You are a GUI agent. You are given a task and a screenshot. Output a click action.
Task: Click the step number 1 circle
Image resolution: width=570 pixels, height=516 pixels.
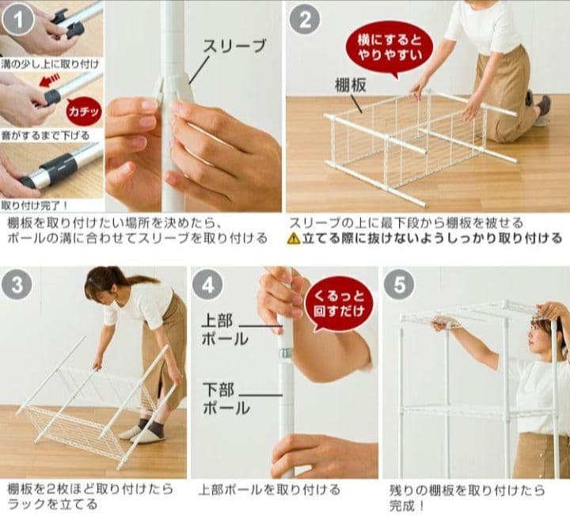17,19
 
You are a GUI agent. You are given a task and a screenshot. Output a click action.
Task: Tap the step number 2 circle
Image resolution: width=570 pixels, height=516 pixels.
305,19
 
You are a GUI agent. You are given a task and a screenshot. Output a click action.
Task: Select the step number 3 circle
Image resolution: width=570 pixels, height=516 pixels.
17,285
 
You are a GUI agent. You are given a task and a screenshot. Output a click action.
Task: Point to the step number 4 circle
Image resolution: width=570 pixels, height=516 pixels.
207,285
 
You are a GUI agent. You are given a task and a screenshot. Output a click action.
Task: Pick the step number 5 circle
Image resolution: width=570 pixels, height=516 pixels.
399,285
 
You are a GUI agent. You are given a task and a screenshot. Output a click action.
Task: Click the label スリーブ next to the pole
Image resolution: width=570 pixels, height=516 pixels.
234,46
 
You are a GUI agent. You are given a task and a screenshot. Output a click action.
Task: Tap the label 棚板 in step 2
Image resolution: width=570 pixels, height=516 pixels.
351,85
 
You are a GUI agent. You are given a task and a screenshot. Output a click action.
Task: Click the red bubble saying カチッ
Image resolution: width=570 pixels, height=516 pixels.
84,112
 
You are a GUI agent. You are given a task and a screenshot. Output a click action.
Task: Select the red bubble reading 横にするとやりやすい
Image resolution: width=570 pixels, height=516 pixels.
389,49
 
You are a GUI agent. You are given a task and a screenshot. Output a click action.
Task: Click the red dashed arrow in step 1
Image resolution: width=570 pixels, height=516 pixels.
49,80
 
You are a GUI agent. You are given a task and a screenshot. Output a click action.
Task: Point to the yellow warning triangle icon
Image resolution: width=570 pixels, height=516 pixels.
294,238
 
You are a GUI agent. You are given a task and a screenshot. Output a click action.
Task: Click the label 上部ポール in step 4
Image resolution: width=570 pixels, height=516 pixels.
225,330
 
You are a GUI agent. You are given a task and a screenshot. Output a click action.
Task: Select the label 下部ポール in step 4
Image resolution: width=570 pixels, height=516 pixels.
226,399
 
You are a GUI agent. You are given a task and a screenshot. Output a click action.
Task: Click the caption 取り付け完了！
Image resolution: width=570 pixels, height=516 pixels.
35,206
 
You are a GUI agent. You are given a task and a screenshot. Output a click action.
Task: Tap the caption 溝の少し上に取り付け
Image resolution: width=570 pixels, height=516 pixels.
50,65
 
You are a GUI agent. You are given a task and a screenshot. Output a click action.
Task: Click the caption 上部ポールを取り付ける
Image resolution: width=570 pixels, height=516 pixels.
269,490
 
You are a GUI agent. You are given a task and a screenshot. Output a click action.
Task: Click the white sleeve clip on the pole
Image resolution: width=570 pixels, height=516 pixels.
173,87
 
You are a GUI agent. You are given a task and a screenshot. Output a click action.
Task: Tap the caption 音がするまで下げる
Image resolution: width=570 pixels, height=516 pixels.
45,136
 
